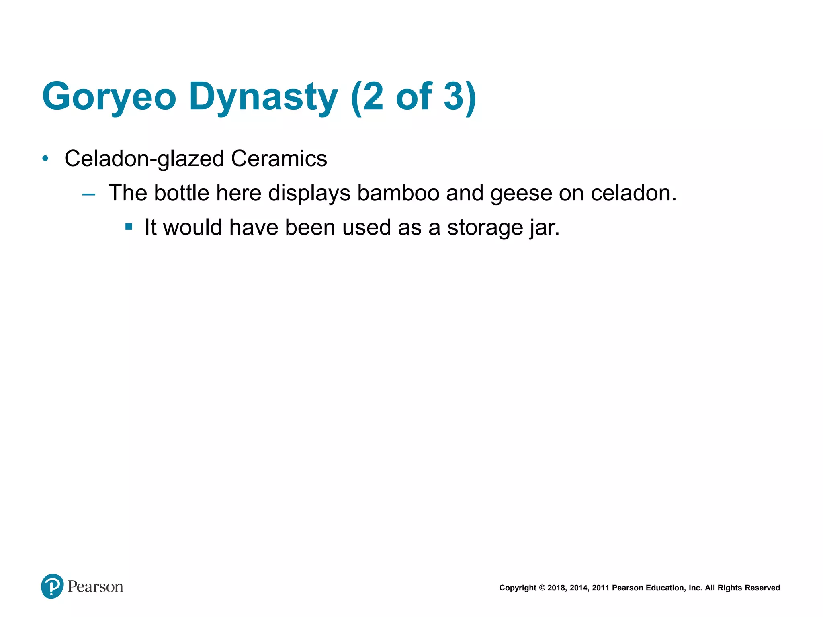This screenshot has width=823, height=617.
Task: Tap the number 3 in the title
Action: pyautogui.click(x=454, y=96)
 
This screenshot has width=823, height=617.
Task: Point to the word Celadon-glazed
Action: pyautogui.click(x=144, y=159)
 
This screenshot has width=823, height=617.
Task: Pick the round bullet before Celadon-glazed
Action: pyautogui.click(x=45, y=159)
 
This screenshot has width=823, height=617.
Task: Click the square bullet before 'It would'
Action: pyautogui.click(x=129, y=227)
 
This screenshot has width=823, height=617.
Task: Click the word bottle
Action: pyautogui.click(x=182, y=193)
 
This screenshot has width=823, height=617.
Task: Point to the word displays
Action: pyautogui.click(x=309, y=194)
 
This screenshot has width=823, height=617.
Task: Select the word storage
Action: pyautogui.click(x=485, y=228)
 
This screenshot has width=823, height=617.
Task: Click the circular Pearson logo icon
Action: pyautogui.click(x=52, y=586)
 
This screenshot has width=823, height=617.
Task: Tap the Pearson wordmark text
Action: pyautogui.click(x=95, y=586)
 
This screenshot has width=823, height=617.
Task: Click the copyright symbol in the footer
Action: pyautogui.click(x=542, y=588)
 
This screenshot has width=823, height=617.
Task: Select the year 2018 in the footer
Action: pyautogui.click(x=557, y=588)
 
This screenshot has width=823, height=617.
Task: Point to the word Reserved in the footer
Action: pyautogui.click(x=762, y=588)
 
